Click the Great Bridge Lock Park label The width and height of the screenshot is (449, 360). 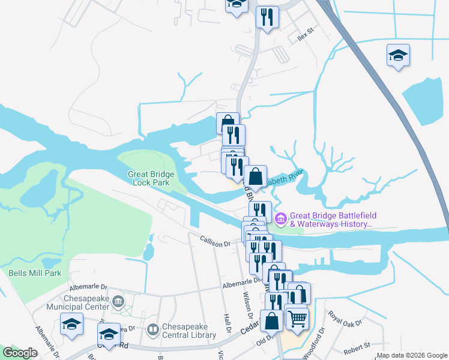coord(151,178)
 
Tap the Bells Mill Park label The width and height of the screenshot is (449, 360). coord(35,273)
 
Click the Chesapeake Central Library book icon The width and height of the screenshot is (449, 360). coord(154,329)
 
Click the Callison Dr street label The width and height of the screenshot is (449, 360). coord(214,244)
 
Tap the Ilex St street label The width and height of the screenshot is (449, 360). coord(306,34)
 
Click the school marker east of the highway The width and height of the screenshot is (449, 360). coord(398,56)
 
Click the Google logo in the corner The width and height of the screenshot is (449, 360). coord(20,353)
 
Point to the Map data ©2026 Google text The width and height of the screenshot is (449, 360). coord(412,356)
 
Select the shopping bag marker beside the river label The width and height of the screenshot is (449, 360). coord(255,177)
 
